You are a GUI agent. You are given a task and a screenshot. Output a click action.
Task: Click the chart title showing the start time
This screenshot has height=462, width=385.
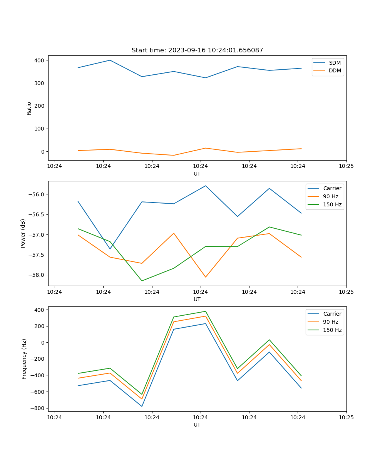(x=197, y=50)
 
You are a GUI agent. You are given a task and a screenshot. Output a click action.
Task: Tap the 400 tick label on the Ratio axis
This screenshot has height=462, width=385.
(x=39, y=60)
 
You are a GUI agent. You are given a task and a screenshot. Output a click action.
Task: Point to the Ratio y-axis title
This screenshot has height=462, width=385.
(x=29, y=108)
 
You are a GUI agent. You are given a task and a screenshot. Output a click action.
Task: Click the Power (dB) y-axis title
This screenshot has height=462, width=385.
(x=23, y=233)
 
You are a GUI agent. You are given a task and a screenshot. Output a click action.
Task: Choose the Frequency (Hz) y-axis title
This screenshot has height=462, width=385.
(x=24, y=359)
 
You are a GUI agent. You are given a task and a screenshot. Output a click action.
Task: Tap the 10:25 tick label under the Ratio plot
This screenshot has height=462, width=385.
(x=346, y=166)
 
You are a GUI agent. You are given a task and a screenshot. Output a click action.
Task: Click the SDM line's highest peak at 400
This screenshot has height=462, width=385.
(x=110, y=60)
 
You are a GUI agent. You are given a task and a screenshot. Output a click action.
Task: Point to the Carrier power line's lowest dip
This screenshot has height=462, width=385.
(x=110, y=249)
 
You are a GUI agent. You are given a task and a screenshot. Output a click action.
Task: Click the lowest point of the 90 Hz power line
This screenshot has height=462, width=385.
(x=206, y=277)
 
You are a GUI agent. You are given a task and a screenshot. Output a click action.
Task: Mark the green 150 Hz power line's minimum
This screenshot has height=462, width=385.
(x=142, y=281)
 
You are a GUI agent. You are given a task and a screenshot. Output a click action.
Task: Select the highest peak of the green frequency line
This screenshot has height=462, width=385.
(x=206, y=311)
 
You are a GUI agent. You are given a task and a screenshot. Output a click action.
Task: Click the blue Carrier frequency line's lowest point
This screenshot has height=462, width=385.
(x=142, y=406)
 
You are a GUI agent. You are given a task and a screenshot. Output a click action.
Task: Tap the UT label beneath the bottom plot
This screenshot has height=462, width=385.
(x=197, y=425)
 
